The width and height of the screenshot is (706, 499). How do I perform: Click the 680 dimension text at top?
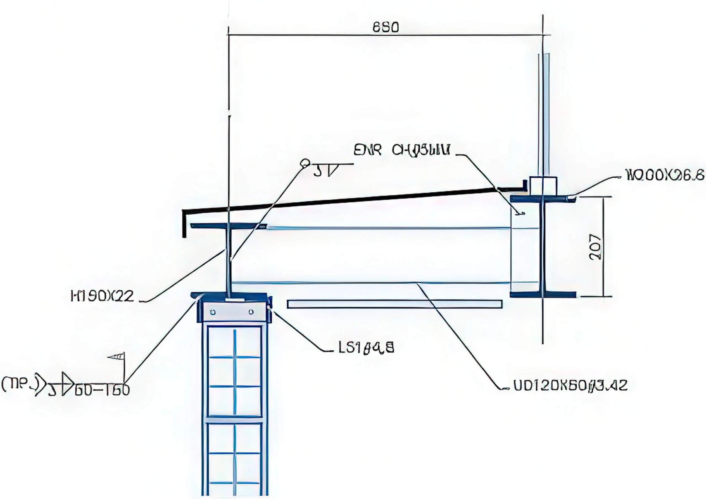(x=386, y=28)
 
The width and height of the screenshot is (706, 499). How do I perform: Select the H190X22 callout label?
(x=103, y=296)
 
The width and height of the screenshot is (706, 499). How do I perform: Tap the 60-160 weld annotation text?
(x=102, y=390)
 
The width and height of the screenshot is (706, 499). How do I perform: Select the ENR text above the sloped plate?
(x=367, y=151)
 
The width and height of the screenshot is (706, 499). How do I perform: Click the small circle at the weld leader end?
(x=305, y=163)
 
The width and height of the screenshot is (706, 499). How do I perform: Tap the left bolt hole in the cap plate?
(x=212, y=312)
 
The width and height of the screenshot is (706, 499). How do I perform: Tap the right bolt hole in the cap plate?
(x=251, y=312)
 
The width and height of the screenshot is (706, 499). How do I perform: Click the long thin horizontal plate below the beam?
(x=395, y=304)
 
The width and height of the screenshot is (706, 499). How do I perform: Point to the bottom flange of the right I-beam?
(x=543, y=294)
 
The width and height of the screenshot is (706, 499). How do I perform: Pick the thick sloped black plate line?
(x=338, y=201)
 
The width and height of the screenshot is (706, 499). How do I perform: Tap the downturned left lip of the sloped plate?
(x=184, y=224)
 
